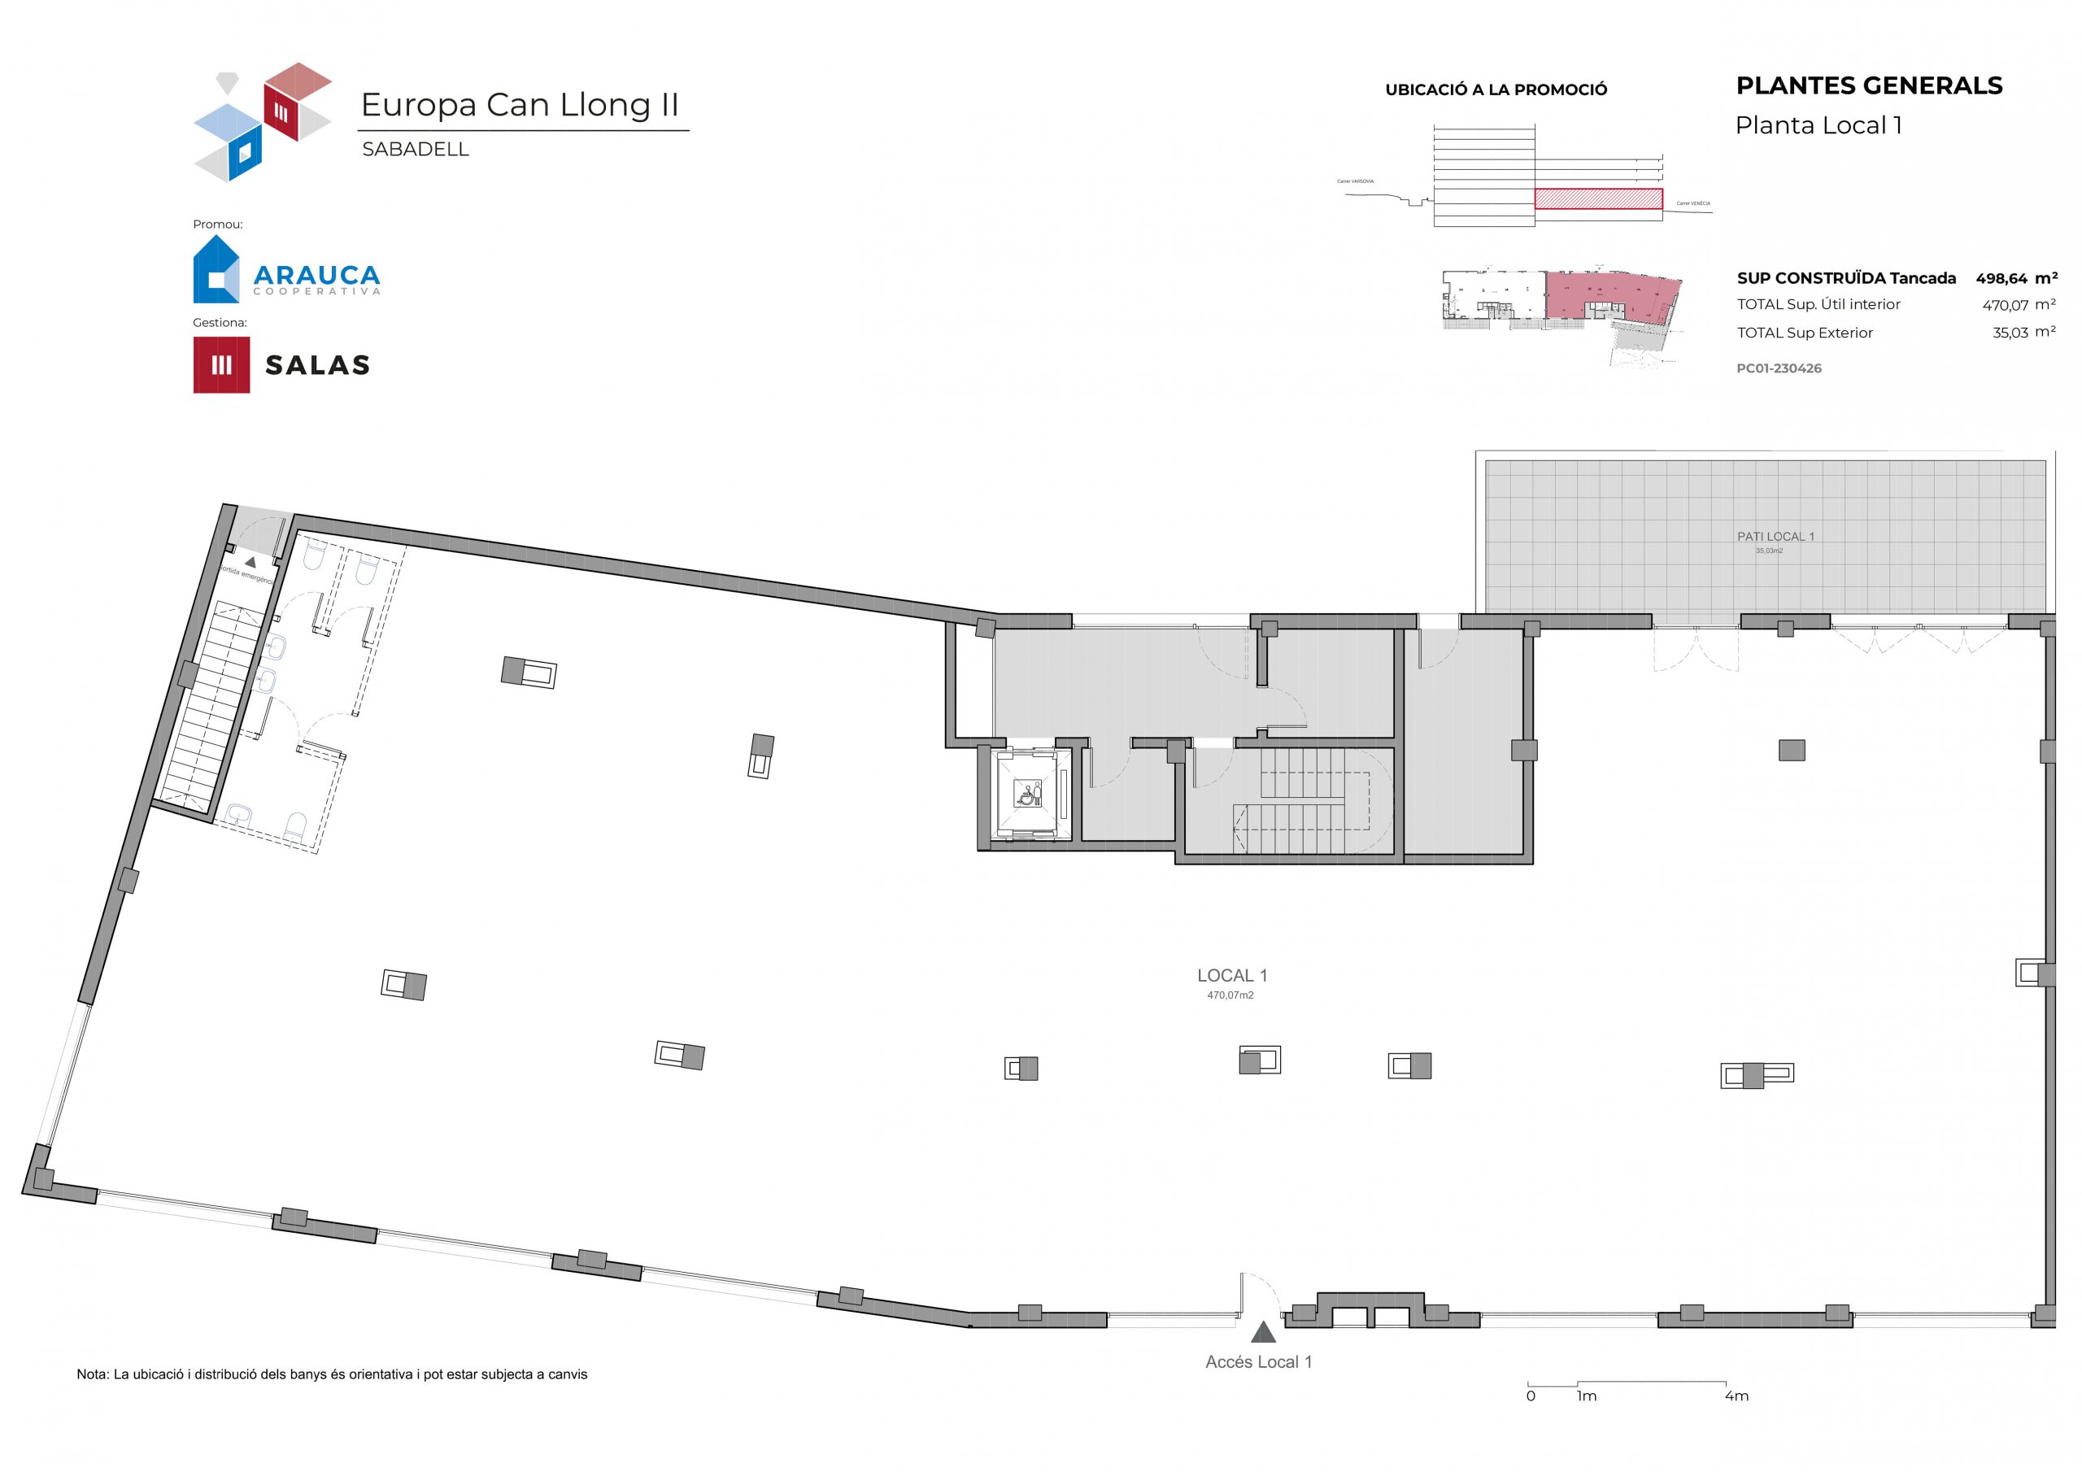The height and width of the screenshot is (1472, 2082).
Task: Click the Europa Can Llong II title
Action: click(520, 105)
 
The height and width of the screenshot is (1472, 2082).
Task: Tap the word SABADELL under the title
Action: click(416, 150)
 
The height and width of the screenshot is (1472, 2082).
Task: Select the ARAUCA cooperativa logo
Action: click(286, 270)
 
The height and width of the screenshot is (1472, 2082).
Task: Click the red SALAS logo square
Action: click(221, 364)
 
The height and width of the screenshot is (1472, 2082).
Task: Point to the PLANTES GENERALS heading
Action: click(1869, 86)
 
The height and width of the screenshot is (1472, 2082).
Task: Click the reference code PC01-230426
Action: click(1778, 368)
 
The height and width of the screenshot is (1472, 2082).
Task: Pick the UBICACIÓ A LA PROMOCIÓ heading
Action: click(1496, 89)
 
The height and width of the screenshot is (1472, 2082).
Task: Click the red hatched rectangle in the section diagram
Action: click(1598, 198)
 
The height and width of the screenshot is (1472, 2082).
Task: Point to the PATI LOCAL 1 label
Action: click(1775, 536)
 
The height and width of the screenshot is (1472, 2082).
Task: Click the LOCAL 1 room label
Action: click(1231, 976)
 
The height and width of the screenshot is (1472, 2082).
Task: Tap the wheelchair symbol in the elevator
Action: click(1028, 795)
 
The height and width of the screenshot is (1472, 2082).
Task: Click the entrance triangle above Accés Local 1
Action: click(1263, 1332)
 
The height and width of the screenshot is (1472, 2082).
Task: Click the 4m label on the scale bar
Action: click(1736, 1396)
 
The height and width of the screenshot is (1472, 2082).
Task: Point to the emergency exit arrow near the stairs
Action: click(250, 562)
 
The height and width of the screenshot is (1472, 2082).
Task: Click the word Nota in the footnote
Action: click(92, 1375)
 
